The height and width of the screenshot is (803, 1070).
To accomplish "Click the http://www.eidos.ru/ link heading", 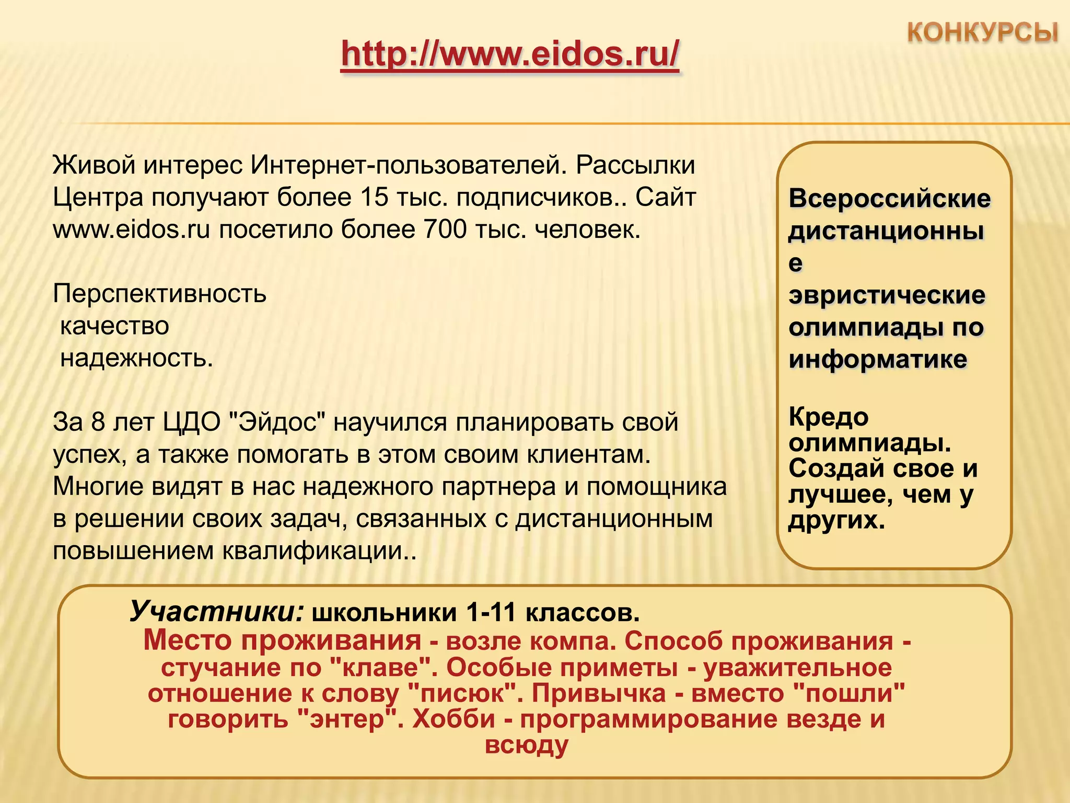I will click(510, 54).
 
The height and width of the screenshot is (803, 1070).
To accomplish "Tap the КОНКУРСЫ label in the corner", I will click(982, 32).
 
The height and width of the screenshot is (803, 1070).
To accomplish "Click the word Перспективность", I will click(159, 294).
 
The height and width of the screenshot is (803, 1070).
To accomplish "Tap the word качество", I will click(114, 326).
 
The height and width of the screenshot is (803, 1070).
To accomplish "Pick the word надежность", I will click(136, 359).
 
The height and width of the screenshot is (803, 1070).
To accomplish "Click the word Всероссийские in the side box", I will click(889, 199).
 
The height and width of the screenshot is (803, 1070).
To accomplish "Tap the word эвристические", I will click(887, 295).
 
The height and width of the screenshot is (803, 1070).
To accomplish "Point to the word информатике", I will click(878, 360).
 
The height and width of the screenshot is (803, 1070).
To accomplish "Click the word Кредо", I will click(829, 417).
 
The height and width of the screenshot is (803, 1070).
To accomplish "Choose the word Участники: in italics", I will click(216, 611).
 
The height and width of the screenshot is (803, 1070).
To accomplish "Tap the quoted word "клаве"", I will click(375, 668).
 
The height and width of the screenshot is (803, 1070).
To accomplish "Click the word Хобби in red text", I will click(453, 719).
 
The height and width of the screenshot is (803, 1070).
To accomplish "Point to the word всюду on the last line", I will click(526, 745).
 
